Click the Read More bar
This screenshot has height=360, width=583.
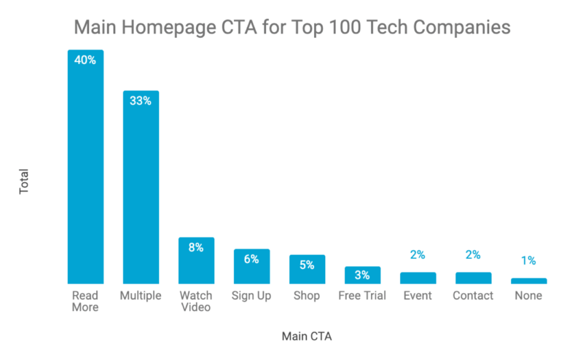(85, 168)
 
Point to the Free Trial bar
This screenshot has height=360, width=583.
(362, 275)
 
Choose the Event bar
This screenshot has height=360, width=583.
(418, 278)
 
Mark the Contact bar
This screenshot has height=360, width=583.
(473, 278)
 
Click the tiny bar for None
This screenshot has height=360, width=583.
(528, 281)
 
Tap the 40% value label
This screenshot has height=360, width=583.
(85, 60)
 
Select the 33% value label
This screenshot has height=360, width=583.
(141, 101)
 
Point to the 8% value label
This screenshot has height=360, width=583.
(196, 248)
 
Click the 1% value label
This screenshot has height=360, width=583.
(528, 260)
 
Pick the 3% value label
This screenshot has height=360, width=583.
(362, 275)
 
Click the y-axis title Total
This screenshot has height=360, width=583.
(24, 181)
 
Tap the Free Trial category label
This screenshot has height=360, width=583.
(362, 296)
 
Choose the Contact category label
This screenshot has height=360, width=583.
(473, 296)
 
